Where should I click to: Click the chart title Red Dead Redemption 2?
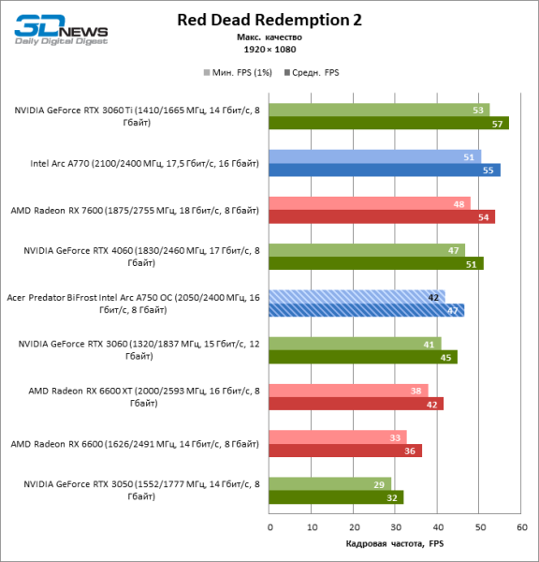click(269, 20)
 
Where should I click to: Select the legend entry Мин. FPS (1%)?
click(231, 71)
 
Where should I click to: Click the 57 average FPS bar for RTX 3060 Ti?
click(388, 123)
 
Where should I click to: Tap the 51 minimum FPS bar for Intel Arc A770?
click(374, 156)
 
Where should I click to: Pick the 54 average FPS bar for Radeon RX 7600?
click(382, 216)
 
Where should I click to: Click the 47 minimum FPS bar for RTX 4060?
click(367, 250)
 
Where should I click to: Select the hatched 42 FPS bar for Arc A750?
click(357, 297)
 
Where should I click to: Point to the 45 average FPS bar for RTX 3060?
click(363, 357)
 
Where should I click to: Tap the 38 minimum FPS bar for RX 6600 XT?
click(348, 391)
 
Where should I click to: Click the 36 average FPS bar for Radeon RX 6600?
click(345, 451)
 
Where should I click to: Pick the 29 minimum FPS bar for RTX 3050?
click(330, 484)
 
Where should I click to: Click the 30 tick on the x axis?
click(396, 527)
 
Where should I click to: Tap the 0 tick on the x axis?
click(269, 527)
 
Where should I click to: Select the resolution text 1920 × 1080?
click(269, 49)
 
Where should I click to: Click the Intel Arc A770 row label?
click(144, 163)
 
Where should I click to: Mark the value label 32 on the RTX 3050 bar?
click(391, 497)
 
